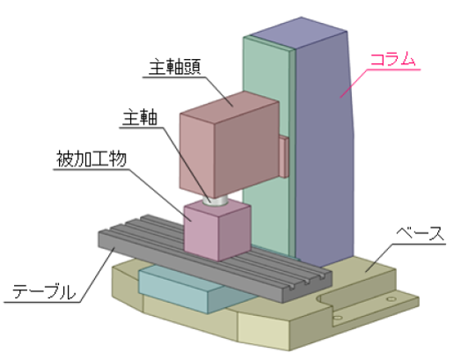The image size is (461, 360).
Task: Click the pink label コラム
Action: (392, 59)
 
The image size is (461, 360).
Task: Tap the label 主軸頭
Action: (175, 68)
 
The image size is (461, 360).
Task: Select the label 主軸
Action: (140, 117)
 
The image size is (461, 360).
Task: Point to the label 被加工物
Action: (91, 159)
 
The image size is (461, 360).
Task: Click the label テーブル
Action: (44, 291)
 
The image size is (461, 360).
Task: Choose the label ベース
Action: (420, 234)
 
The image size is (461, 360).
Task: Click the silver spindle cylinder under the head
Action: (215, 202)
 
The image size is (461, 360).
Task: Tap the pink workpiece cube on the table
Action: (217, 231)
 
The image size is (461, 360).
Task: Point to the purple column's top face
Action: (299, 33)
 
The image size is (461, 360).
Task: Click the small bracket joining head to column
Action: (284, 157)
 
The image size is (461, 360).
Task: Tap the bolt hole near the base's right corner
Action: (391, 299)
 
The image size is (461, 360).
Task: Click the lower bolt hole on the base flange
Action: (338, 318)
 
